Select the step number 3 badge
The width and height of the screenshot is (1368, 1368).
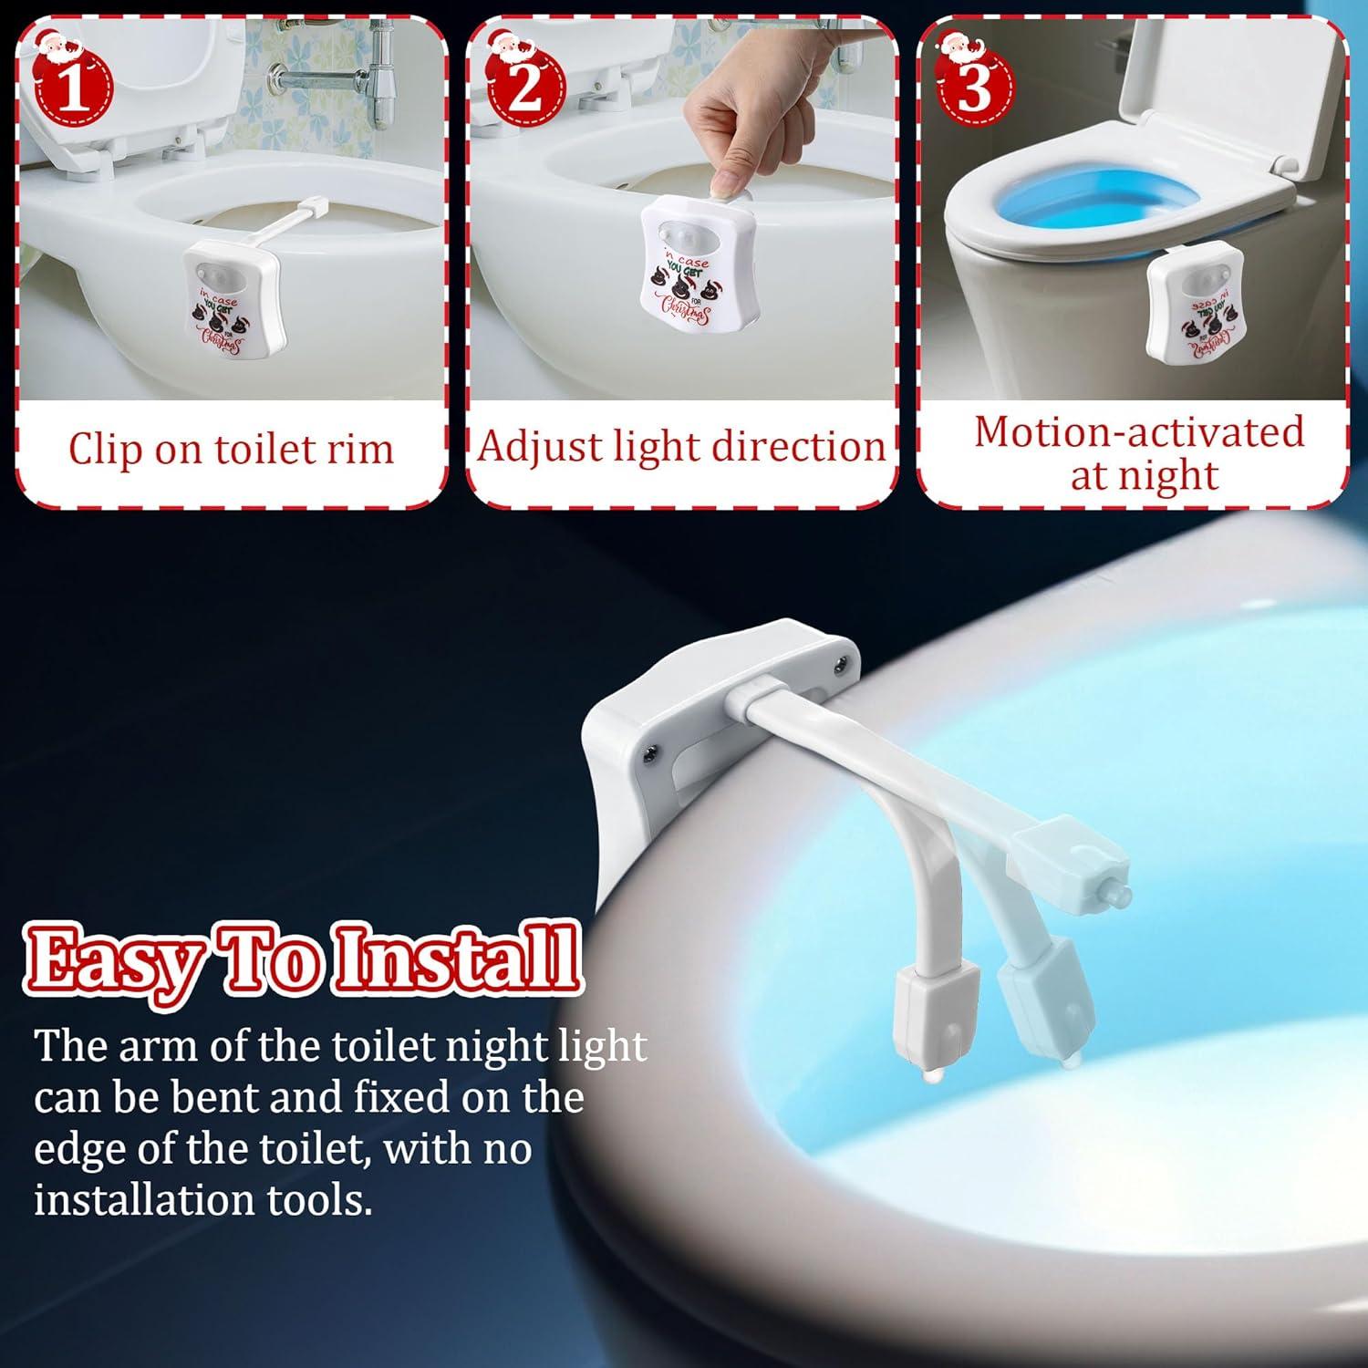pos(974,89)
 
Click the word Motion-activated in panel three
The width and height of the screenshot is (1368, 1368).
pos(1138,431)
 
